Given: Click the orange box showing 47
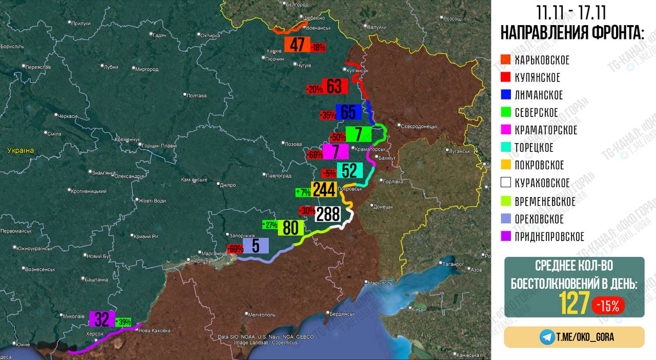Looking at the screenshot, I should click(x=297, y=45).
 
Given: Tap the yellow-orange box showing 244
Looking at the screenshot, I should click(x=324, y=189).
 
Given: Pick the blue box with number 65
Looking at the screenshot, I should click(x=348, y=112).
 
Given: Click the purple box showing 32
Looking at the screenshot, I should click(x=102, y=319).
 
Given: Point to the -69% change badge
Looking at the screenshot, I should click(x=235, y=249).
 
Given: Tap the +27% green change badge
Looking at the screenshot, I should click(x=270, y=225).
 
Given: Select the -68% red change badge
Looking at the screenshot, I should click(x=315, y=154).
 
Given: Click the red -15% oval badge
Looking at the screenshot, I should click(x=608, y=306).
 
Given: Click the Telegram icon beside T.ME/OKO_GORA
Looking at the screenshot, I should click(x=547, y=337).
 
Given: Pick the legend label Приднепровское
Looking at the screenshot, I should click(x=549, y=236).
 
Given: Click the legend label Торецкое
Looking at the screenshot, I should click(x=534, y=148).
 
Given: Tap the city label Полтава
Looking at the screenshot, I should click(x=197, y=95).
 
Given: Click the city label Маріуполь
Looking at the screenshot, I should click(x=379, y=283).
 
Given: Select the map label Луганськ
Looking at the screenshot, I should click(x=459, y=151).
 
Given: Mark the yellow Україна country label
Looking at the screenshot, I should click(x=20, y=150).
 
